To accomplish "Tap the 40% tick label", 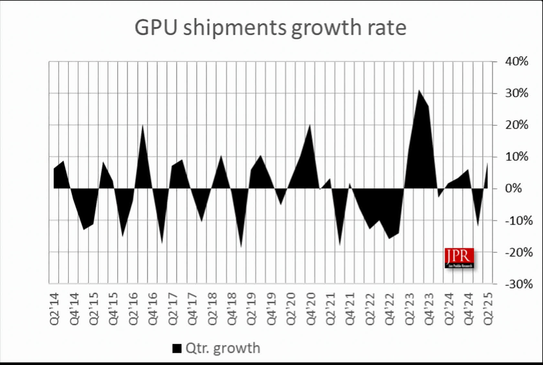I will [516, 61].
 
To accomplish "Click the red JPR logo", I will [459, 258].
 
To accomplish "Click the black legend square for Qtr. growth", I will [177, 348].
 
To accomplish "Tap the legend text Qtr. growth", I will [223, 348].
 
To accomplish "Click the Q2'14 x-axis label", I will [54, 309].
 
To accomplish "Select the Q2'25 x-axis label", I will [488, 309].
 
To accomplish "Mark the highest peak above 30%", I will [419, 91].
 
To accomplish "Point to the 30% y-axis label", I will [516, 93].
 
